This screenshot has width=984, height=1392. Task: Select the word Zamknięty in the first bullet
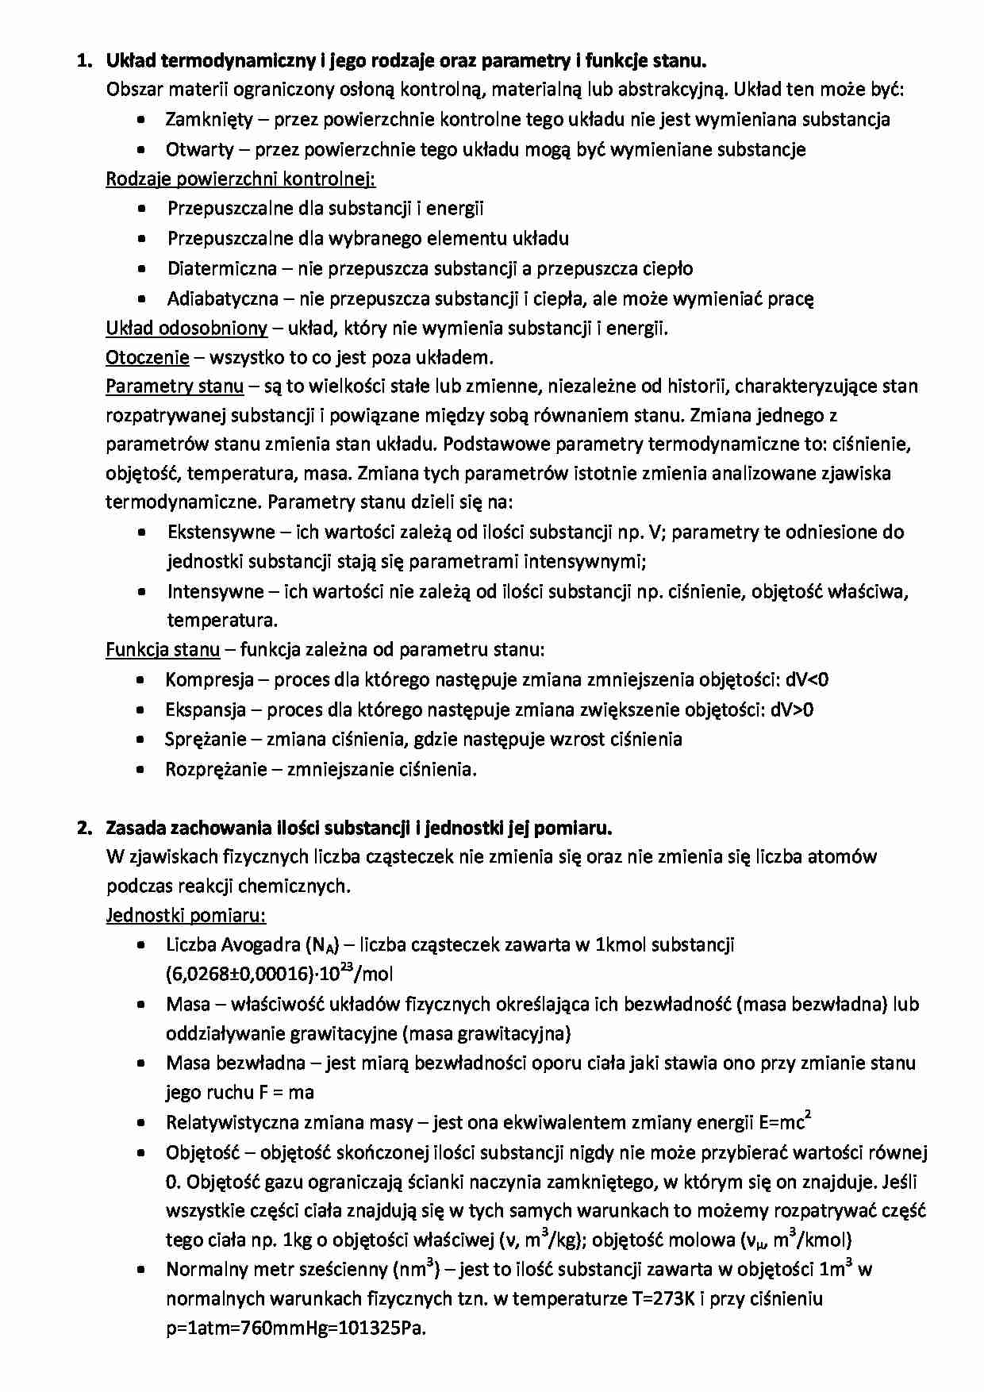[209, 120]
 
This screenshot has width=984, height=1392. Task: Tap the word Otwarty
[199, 149]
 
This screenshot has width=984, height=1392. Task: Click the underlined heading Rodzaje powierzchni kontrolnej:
[240, 179]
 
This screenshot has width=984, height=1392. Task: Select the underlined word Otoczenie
[148, 357]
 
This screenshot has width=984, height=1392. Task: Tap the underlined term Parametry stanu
[175, 386]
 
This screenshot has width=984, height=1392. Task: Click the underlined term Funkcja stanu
[163, 650]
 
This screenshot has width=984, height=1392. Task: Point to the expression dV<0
[808, 679]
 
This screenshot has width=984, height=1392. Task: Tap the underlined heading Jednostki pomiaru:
[186, 916]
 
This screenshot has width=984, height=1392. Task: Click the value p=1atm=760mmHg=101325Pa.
[296, 1329]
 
